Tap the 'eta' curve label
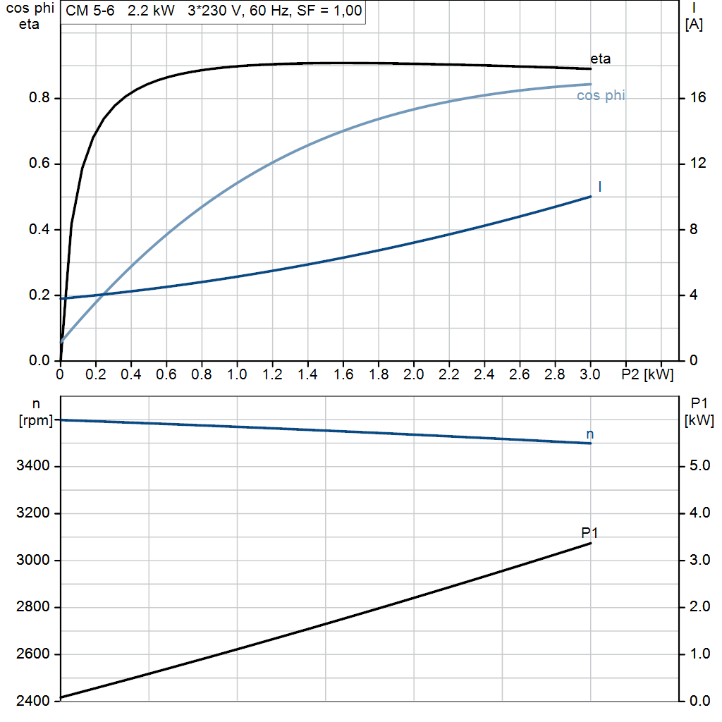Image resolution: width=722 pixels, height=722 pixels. (601, 59)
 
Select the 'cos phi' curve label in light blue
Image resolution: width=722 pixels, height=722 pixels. (601, 95)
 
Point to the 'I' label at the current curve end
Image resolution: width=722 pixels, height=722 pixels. (599, 187)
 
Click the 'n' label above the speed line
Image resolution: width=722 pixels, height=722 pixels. (590, 434)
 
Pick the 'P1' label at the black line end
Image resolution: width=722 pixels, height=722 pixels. (589, 532)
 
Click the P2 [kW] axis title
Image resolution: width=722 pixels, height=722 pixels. (647, 373)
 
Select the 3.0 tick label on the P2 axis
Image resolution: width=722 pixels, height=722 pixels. (590, 373)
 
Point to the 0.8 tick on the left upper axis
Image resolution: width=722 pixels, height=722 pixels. (40, 98)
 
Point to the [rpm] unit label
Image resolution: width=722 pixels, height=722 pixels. (36, 421)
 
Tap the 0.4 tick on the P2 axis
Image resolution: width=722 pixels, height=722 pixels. (130, 373)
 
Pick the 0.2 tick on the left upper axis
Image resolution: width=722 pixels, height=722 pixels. (40, 295)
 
